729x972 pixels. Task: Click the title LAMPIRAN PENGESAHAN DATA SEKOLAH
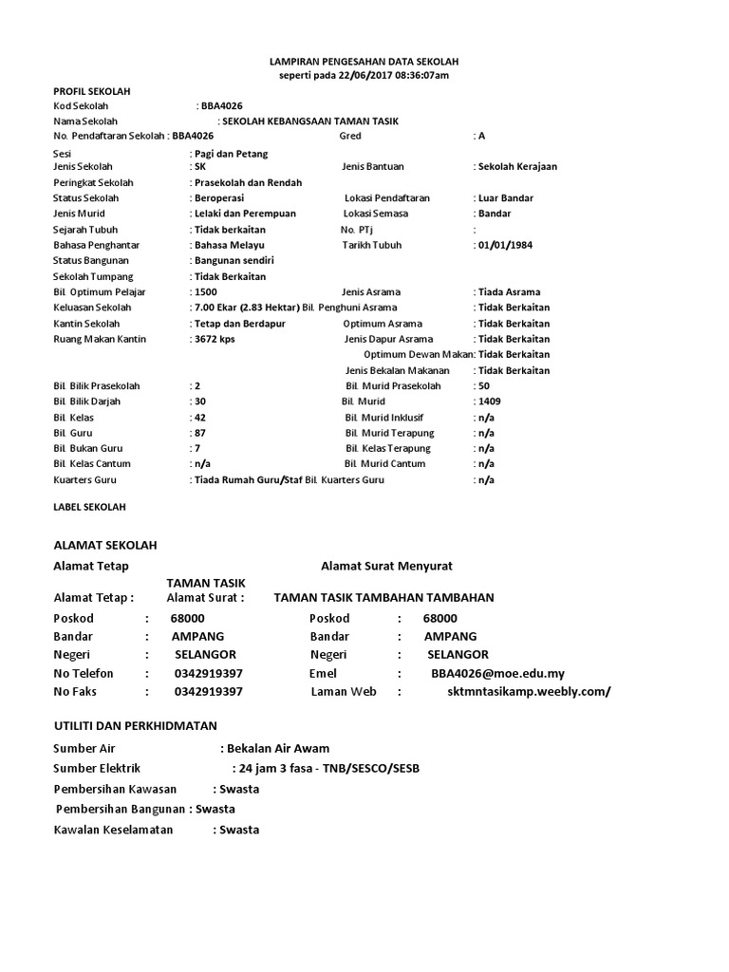pos(364,61)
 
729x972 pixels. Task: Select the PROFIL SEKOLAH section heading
pos(91,91)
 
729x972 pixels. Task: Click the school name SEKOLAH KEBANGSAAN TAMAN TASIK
pos(310,121)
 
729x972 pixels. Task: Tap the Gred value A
pos(481,136)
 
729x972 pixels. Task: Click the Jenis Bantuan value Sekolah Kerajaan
pos(517,166)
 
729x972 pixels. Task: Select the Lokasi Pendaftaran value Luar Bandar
pos(506,198)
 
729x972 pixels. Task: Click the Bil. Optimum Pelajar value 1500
pos(206,292)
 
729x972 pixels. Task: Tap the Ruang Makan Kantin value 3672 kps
pos(215,339)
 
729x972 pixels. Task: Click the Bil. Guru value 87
pos(199,432)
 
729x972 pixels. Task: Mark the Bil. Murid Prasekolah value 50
pos(484,386)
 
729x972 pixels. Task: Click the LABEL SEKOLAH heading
pos(89,508)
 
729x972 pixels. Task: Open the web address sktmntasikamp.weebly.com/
pos(529,692)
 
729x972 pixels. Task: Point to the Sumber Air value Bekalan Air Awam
pos(277,748)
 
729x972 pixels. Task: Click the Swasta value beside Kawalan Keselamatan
pos(238,830)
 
